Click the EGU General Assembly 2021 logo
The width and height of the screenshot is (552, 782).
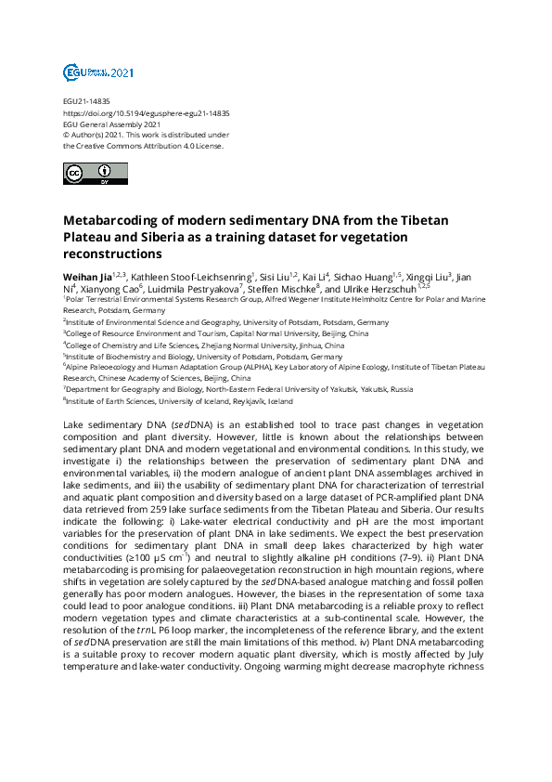85,72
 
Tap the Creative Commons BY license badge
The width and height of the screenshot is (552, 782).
83,175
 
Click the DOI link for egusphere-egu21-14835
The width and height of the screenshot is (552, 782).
147,113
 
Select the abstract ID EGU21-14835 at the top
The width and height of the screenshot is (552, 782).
86,101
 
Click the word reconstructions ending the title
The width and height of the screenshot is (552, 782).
112,254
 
